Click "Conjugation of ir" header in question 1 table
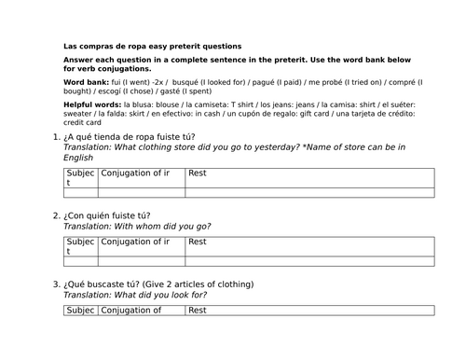click(x=135, y=173)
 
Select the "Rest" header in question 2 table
click(x=198, y=242)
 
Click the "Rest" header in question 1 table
click(x=198, y=173)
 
